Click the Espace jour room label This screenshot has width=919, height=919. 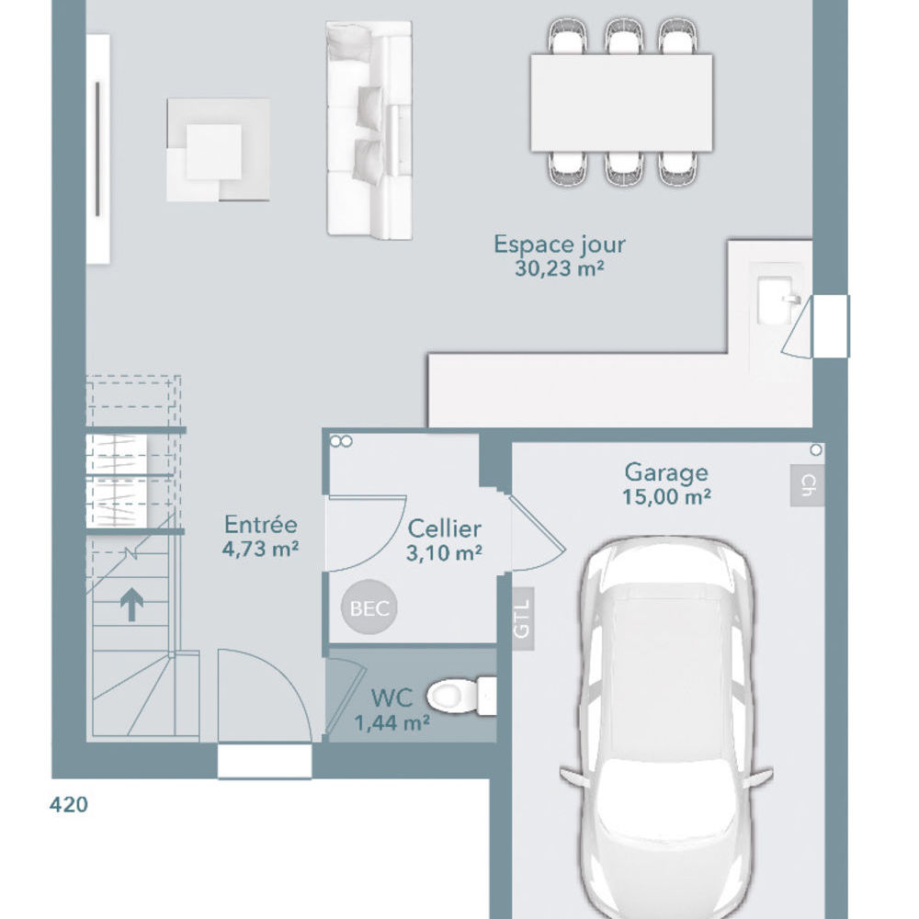pyautogui.click(x=559, y=245)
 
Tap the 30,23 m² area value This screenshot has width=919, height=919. pyautogui.click(x=559, y=268)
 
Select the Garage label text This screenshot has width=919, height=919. pyautogui.click(x=666, y=472)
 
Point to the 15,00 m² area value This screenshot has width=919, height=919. pyautogui.click(x=666, y=496)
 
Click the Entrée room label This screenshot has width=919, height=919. pyautogui.click(x=261, y=525)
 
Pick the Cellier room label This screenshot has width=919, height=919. pyautogui.click(x=444, y=528)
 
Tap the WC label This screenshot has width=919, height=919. pyautogui.click(x=391, y=698)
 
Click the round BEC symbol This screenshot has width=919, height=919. pyautogui.click(x=369, y=607)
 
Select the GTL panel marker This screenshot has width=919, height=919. pyautogui.click(x=522, y=618)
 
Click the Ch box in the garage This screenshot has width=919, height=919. pyautogui.click(x=807, y=485)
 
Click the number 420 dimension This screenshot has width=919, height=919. pyautogui.click(x=69, y=805)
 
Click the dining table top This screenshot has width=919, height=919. pyautogui.click(x=621, y=103)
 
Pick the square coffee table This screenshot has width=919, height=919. pyautogui.click(x=218, y=150)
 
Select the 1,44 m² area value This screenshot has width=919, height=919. pyautogui.click(x=391, y=722)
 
